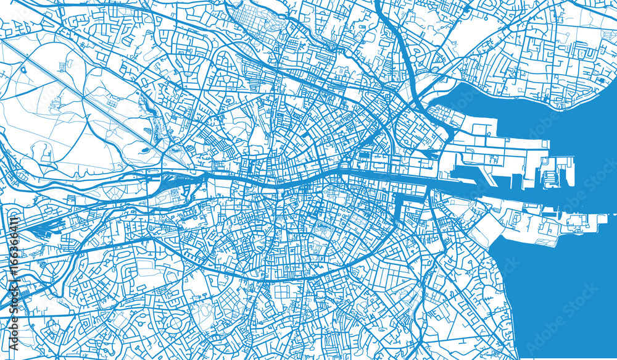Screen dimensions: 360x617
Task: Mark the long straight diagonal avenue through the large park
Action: [93, 105]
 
